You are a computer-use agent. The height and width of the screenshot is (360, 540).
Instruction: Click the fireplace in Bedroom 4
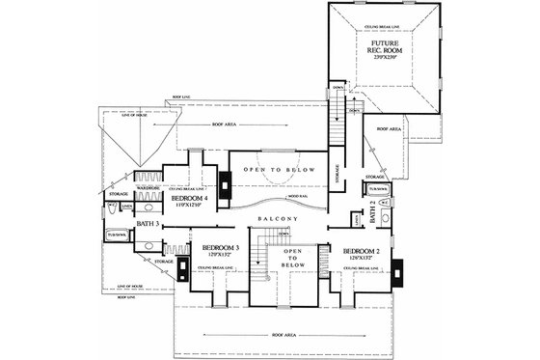click(x=224, y=186)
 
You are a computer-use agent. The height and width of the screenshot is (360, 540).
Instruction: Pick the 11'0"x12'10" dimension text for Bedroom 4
click(x=189, y=205)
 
